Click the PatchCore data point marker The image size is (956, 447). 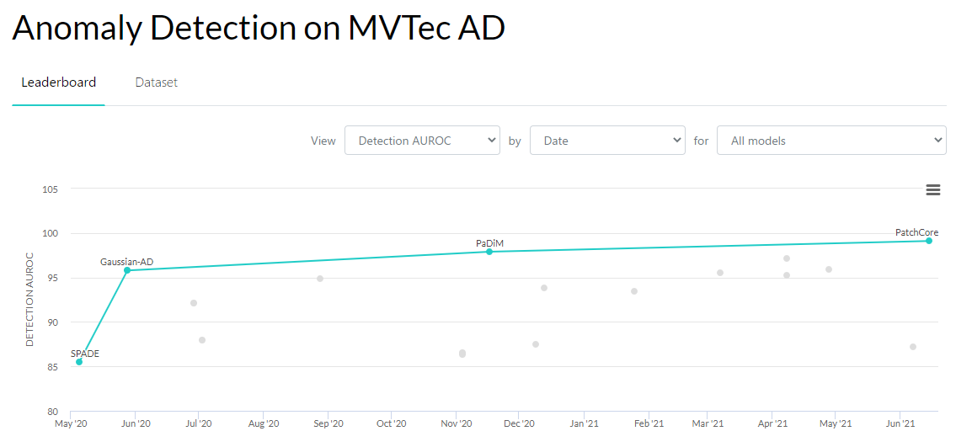tap(928, 241)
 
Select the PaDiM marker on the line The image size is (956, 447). tap(489, 252)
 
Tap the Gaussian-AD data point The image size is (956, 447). tap(127, 270)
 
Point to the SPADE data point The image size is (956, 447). tap(79, 362)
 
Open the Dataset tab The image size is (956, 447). tap(156, 82)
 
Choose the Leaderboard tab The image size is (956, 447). tap(59, 82)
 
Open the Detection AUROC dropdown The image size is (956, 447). tap(422, 141)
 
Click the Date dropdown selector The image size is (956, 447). tap(607, 141)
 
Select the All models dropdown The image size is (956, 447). tap(831, 141)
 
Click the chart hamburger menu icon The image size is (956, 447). tap(932, 190)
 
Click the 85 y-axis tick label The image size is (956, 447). tap(51, 367)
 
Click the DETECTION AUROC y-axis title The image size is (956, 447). tap(29, 300)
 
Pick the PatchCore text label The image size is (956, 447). tap(916, 232)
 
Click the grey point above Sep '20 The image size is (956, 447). tap(320, 279)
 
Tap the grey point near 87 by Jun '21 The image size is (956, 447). tap(913, 347)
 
